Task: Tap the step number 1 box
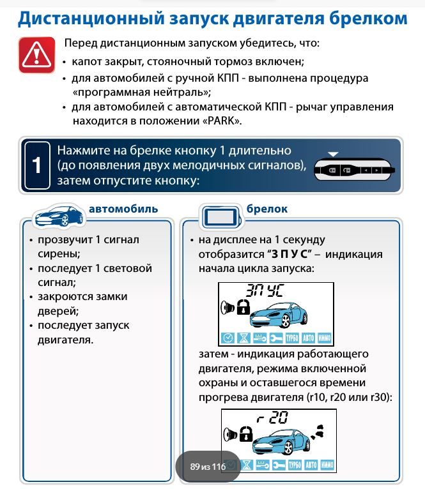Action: coord(37,165)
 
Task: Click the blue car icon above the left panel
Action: coord(58,216)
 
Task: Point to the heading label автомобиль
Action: coord(123,209)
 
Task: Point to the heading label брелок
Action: coord(267,209)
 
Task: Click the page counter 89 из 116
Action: coord(208,467)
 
